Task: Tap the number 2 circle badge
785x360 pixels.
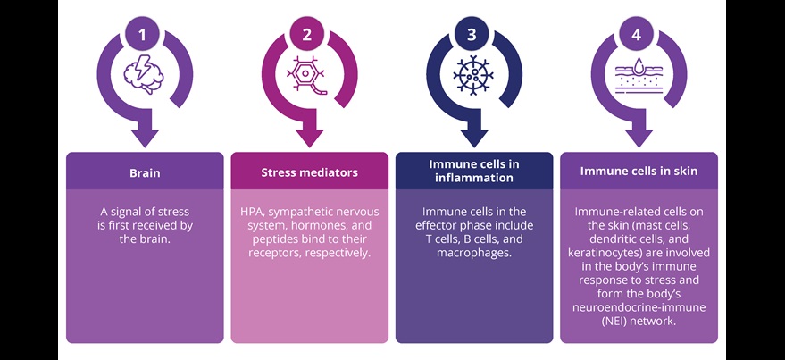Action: (x=307, y=34)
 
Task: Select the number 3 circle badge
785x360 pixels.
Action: (x=472, y=34)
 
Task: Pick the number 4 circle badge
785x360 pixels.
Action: (x=637, y=34)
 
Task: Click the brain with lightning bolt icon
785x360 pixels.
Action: (x=144, y=75)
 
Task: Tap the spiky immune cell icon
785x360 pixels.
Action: (x=472, y=75)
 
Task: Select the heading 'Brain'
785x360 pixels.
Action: (x=144, y=171)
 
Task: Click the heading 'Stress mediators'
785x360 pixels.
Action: (x=308, y=171)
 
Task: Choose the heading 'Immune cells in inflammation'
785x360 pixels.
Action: (x=473, y=171)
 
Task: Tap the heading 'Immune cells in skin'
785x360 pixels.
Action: (x=639, y=171)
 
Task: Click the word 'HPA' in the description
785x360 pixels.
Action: (x=254, y=212)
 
